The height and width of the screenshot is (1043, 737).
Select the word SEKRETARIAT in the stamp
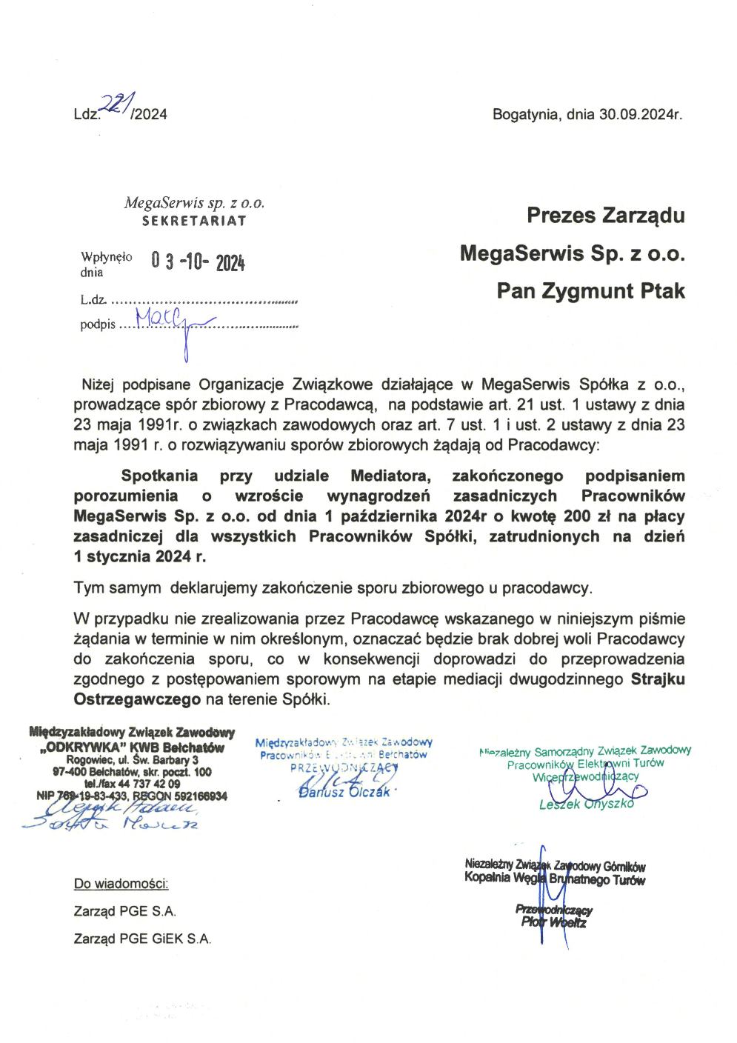(x=194, y=220)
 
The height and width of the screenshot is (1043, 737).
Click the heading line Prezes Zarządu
(x=605, y=216)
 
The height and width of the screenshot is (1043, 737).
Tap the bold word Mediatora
(x=393, y=476)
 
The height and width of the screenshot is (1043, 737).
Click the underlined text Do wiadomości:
(x=121, y=884)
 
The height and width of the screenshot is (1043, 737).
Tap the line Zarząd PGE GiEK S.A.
(x=142, y=939)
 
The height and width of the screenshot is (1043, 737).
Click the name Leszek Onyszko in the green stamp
(x=587, y=804)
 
